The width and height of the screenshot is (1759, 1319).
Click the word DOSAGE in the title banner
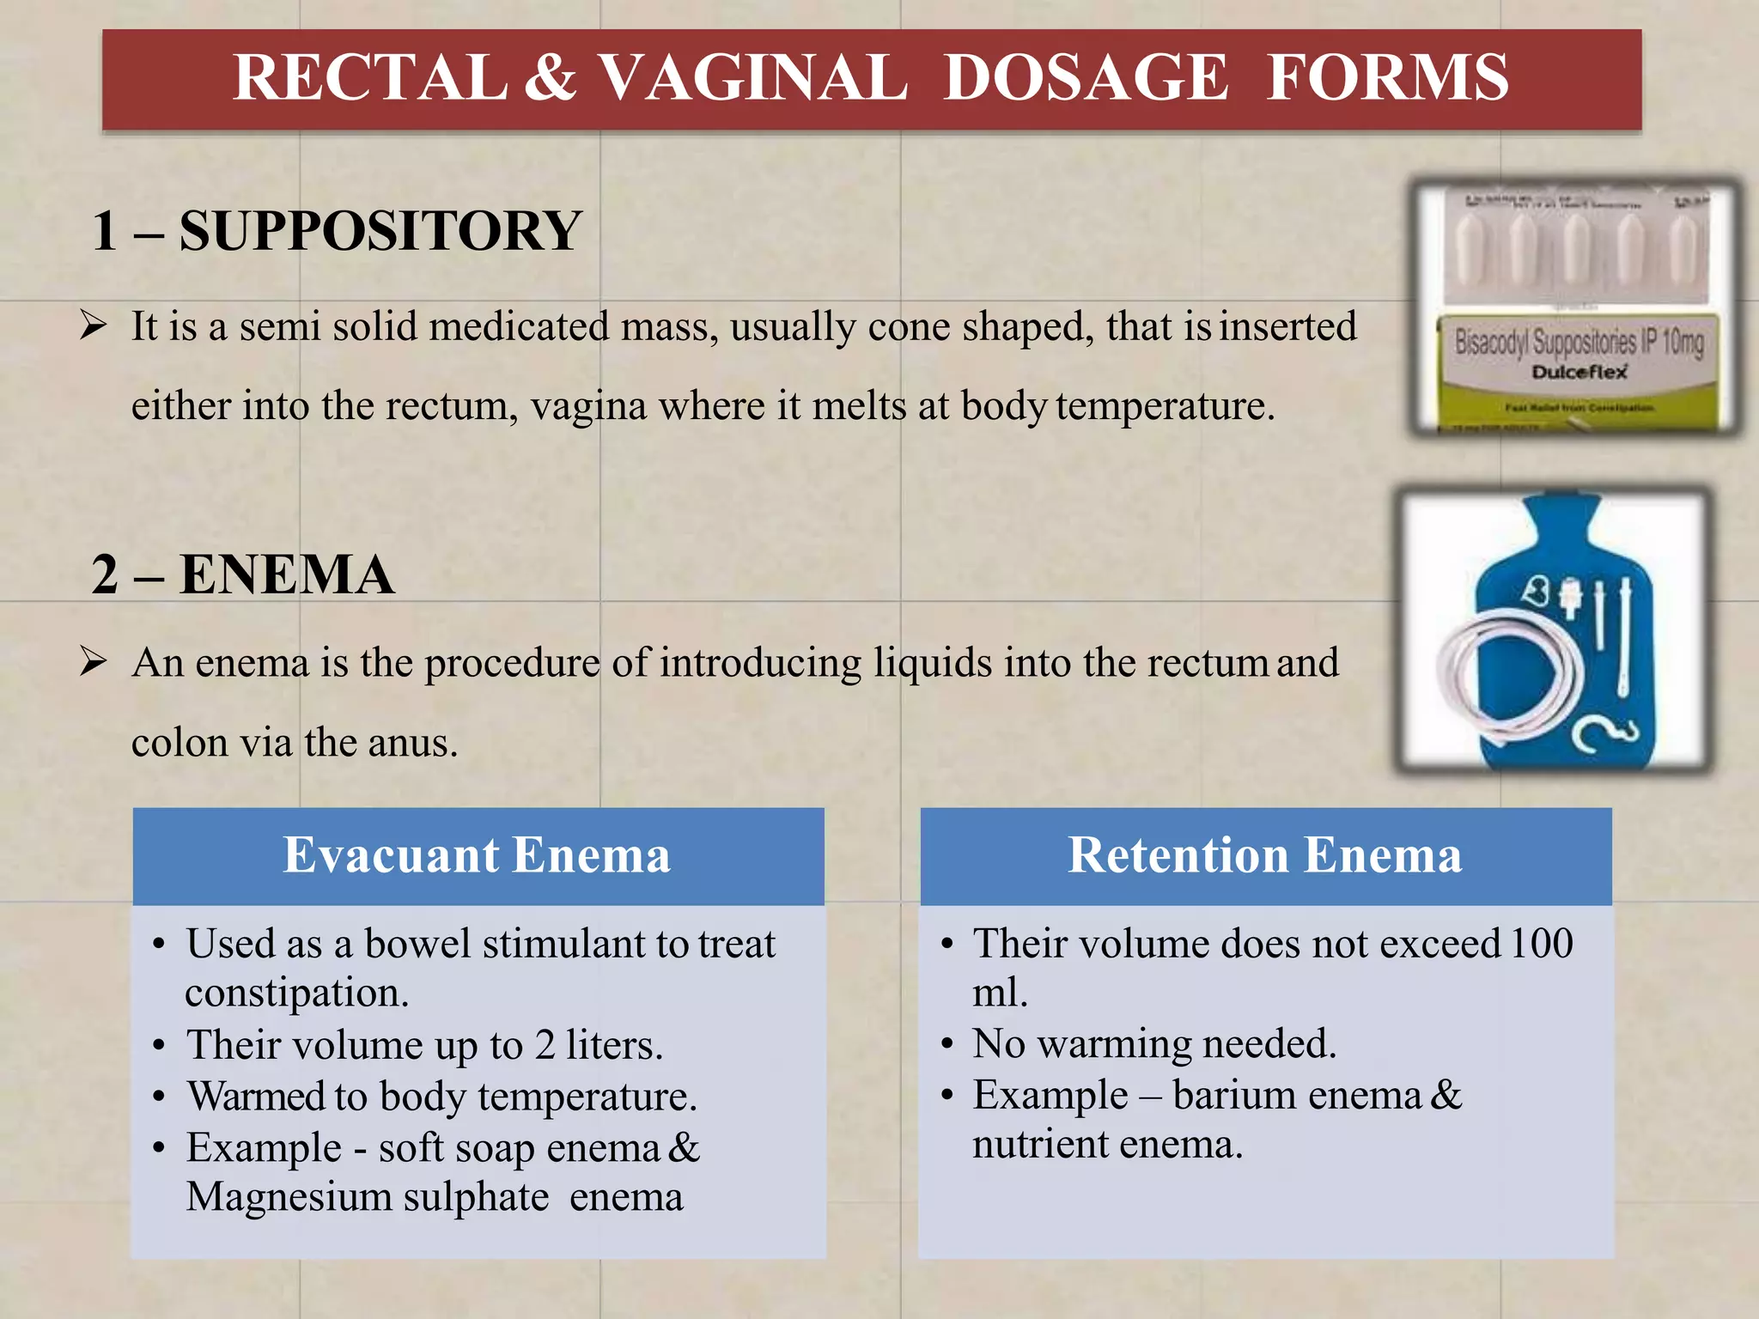point(1086,78)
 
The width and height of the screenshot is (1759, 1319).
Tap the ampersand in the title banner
point(550,78)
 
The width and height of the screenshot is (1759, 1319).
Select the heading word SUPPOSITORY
point(380,232)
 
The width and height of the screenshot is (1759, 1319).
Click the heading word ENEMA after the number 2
point(287,575)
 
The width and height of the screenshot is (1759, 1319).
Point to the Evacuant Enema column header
point(478,855)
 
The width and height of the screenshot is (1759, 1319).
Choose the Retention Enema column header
point(1265,855)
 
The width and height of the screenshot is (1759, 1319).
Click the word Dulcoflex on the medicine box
point(1579,372)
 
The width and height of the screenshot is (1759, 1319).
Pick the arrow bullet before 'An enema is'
point(93,662)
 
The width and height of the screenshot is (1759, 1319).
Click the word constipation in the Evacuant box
point(296,994)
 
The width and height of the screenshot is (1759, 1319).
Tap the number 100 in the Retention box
point(1542,944)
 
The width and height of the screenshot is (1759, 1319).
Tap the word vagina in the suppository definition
point(589,406)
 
